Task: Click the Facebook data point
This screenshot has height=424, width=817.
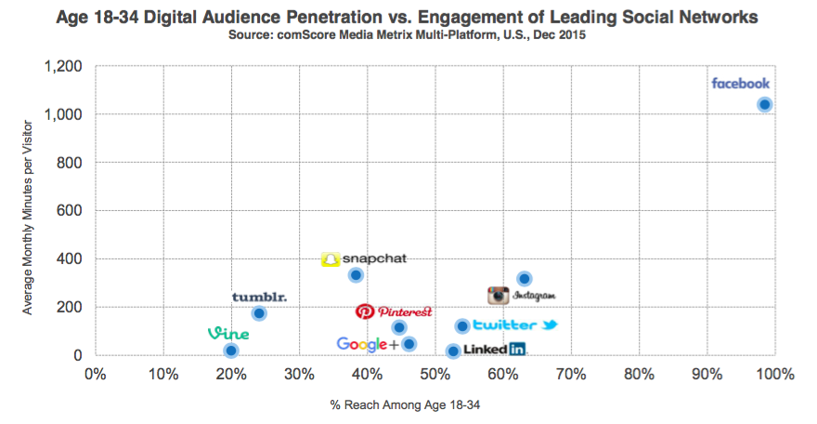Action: [764, 104]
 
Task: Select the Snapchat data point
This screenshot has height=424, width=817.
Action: [356, 275]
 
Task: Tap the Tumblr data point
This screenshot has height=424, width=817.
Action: [259, 313]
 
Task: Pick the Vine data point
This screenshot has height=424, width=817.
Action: [231, 351]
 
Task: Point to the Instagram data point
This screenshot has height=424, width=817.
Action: [524, 279]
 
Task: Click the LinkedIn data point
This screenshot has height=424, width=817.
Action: [453, 351]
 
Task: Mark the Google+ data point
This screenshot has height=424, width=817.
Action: [408, 344]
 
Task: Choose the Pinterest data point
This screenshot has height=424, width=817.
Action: [399, 327]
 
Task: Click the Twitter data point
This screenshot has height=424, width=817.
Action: [461, 325]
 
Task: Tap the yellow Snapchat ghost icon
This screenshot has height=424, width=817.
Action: [330, 259]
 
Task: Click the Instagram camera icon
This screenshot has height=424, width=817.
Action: [499, 296]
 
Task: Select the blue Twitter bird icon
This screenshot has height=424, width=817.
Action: [550, 325]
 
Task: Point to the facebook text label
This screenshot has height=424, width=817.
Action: [740, 84]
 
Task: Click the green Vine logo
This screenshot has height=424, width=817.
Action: [227, 334]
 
